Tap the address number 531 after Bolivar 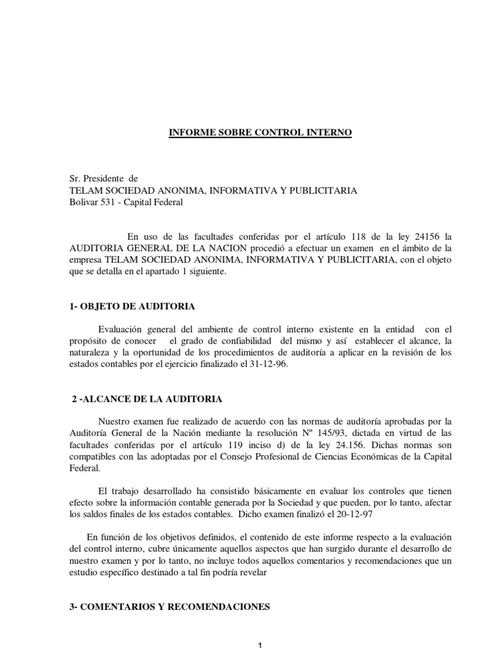[111, 202]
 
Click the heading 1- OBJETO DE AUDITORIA [132, 306]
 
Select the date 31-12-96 [270, 365]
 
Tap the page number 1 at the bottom [259, 644]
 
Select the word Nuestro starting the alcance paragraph [116, 421]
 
